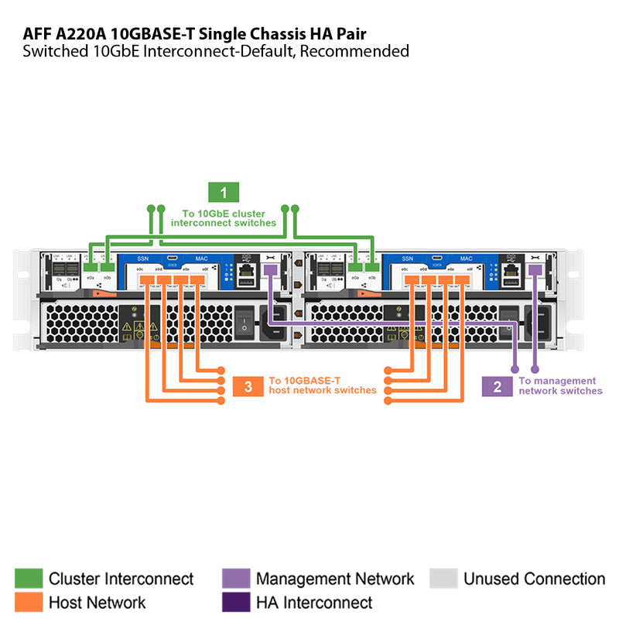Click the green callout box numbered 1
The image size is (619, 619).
click(224, 193)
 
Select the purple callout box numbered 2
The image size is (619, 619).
click(498, 386)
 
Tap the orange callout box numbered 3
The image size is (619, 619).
click(248, 386)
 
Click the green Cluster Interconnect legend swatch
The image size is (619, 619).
click(28, 579)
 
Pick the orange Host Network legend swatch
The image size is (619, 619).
click(28, 602)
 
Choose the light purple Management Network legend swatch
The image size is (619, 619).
click(235, 579)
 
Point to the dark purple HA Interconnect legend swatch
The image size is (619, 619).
click(235, 602)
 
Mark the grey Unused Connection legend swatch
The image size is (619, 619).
click(443, 579)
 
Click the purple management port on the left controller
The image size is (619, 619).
click(269, 269)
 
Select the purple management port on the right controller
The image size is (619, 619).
click(535, 269)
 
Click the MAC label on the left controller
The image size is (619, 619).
click(200, 258)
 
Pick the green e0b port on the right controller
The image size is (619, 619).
click(373, 267)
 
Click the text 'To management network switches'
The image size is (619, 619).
click(560, 386)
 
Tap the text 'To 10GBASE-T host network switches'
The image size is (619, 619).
click(322, 385)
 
